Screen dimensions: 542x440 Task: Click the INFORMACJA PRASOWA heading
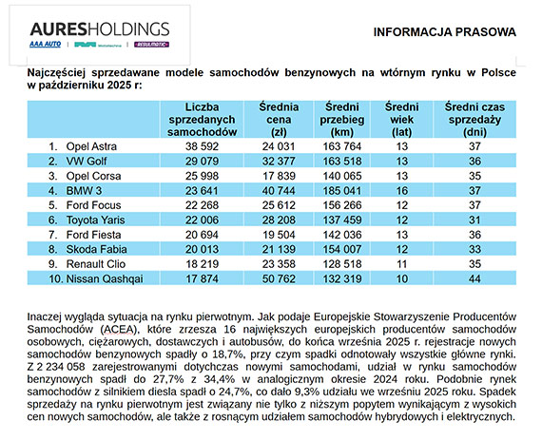pyautogui.click(x=445, y=31)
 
